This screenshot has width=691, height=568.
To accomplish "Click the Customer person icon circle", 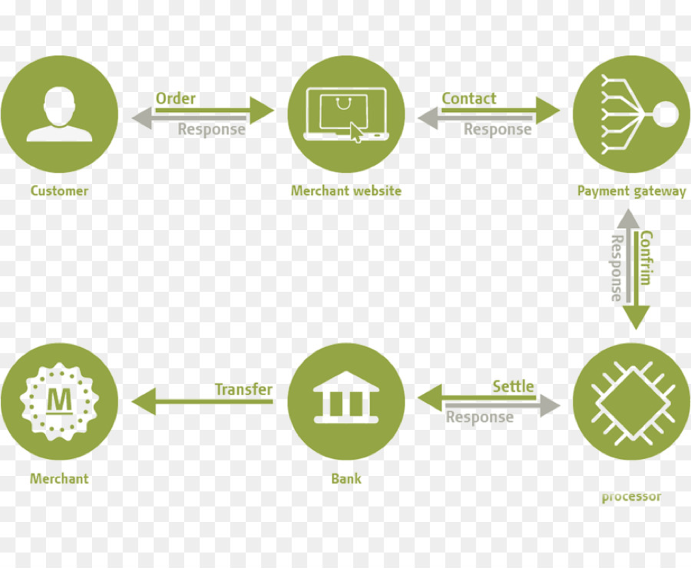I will tap(60, 115).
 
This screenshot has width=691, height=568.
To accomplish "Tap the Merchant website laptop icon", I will tap(346, 115).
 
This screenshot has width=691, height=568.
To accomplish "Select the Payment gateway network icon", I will tap(631, 115).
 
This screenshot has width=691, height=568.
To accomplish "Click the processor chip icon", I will tap(631, 402).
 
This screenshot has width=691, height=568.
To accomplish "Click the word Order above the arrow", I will tap(176, 98).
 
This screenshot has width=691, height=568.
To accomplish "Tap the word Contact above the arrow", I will tap(469, 98).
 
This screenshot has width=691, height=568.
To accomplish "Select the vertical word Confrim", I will tap(646, 257).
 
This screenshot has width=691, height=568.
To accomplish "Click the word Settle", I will tap(513, 386).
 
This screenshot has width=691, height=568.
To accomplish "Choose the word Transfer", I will tap(243, 390).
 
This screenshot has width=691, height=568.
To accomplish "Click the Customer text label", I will tap(60, 191).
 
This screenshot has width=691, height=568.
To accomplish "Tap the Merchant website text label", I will tap(346, 191).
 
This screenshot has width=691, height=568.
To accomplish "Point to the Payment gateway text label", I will tap(631, 191).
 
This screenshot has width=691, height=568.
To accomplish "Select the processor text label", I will tap(631, 496).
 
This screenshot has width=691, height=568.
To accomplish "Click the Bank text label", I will tap(346, 479).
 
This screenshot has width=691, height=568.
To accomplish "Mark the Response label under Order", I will tap(211, 130).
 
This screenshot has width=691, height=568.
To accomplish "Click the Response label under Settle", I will tap(479, 417).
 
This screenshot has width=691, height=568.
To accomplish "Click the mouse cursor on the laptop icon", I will tap(356, 133).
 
